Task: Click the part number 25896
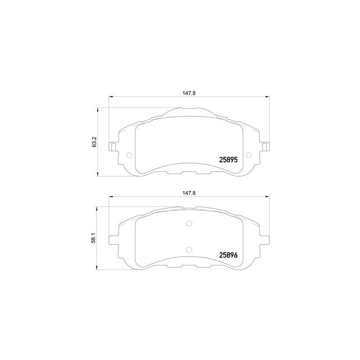(x=228, y=255)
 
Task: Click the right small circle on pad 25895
(x=250, y=156)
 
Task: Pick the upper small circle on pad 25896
(x=189, y=223)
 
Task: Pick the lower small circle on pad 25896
(x=189, y=250)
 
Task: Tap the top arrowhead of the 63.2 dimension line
(x=99, y=109)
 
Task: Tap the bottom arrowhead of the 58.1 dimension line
(x=99, y=268)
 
